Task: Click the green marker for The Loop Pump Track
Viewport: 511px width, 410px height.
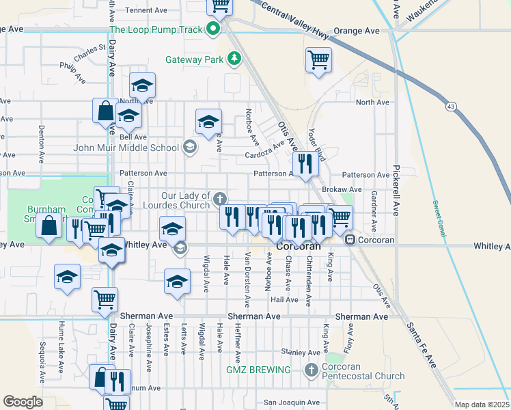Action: click(x=213, y=29)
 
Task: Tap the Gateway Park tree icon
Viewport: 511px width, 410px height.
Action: click(x=234, y=59)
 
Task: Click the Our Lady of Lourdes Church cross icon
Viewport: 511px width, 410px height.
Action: click(x=219, y=199)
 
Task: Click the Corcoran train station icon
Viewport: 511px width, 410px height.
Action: click(x=349, y=240)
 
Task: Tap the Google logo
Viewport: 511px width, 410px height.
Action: click(x=23, y=401)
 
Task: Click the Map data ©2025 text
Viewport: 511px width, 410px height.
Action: click(x=482, y=405)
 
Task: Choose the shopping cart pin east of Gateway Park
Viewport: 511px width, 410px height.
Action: click(x=318, y=60)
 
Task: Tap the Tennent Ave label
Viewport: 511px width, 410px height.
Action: click(x=146, y=10)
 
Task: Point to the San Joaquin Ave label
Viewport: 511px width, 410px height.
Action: click(x=292, y=403)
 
